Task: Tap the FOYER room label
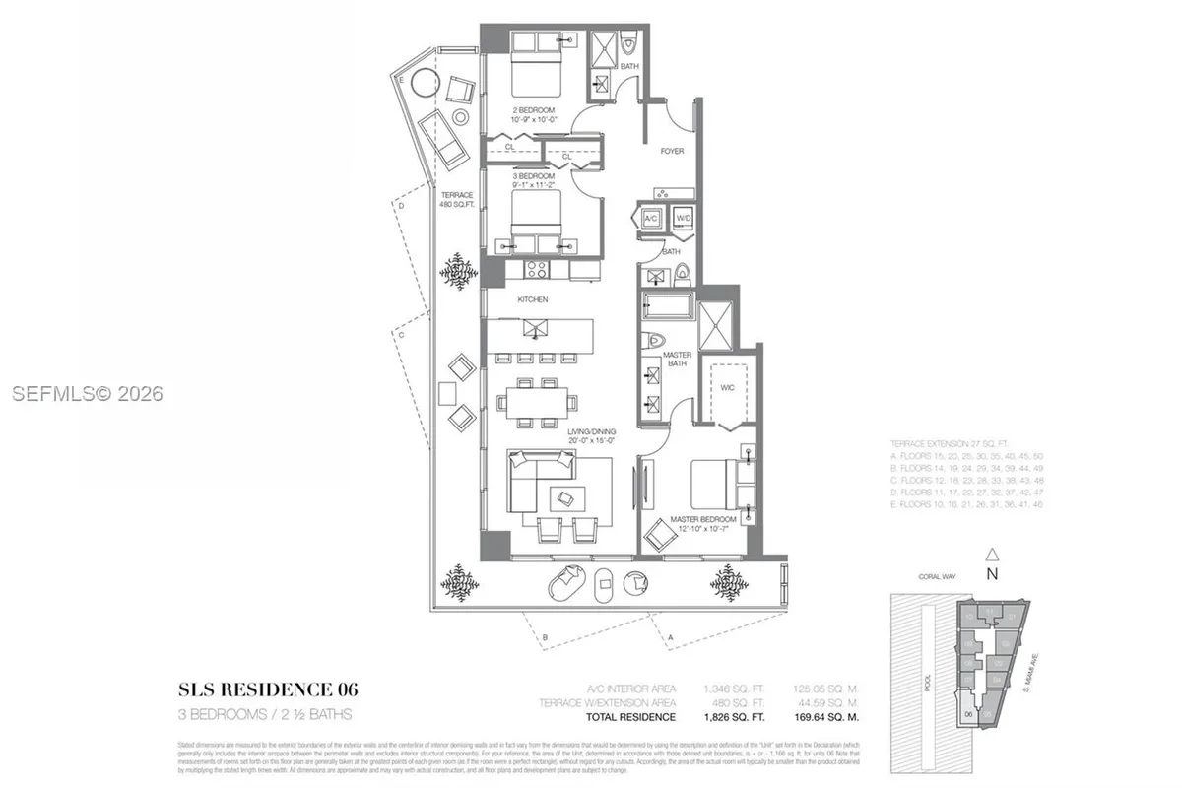pos(672,151)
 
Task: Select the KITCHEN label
pos(532,299)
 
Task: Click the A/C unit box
pos(651,218)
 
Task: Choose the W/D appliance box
pos(683,218)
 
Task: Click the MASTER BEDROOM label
pos(703,519)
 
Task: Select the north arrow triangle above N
pos(993,555)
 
